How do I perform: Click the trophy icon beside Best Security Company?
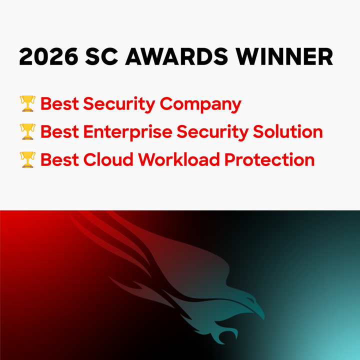coord(27,103)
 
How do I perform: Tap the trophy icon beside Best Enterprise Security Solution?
coord(27,131)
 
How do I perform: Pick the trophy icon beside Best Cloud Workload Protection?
coord(27,159)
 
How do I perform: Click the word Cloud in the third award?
coord(108,160)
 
